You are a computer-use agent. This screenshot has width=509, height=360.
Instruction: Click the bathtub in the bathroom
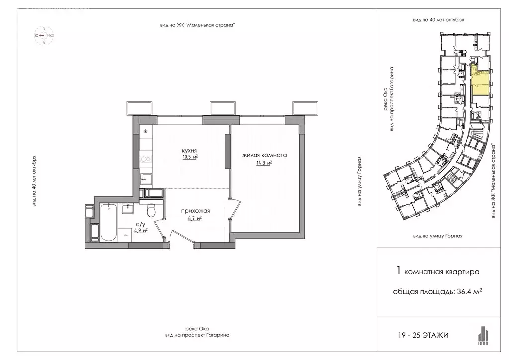click(x=108, y=223)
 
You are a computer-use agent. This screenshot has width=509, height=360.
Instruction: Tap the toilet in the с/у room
click(x=151, y=210)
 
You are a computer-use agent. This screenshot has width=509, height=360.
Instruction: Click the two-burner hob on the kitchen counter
click(x=146, y=159)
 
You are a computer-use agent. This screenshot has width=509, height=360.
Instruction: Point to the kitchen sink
click(x=146, y=179)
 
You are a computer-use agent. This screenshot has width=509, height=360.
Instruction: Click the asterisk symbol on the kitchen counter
click(x=146, y=131)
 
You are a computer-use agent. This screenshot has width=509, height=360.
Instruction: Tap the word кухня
click(x=189, y=151)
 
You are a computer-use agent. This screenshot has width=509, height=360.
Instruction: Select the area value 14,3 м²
click(x=264, y=163)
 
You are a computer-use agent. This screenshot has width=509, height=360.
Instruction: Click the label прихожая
click(x=195, y=211)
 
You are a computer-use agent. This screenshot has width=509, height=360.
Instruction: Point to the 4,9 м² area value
click(x=141, y=231)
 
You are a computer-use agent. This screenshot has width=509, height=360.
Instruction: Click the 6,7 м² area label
click(x=195, y=218)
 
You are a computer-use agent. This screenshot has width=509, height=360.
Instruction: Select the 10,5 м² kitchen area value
click(x=190, y=157)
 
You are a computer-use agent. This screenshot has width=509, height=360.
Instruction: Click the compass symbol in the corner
click(x=44, y=35)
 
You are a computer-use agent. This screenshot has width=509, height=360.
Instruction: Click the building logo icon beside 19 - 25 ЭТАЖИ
click(x=483, y=335)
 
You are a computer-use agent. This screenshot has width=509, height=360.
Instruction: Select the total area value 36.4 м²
click(x=469, y=291)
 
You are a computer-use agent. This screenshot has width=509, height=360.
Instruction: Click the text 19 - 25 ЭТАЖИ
click(x=424, y=335)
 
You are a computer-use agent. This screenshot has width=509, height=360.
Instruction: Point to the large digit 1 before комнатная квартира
click(x=399, y=270)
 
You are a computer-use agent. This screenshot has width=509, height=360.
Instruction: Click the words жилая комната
click(x=264, y=155)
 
